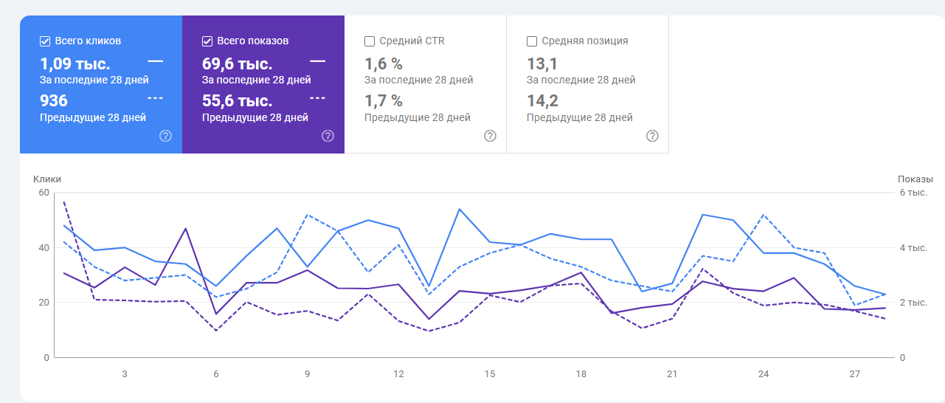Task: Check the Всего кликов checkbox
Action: (x=45, y=41)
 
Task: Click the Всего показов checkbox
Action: (x=207, y=41)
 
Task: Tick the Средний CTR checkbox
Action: (x=370, y=41)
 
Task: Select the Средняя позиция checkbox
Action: (x=532, y=41)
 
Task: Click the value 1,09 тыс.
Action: (x=75, y=64)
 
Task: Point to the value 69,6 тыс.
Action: (x=238, y=64)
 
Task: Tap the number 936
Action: (x=54, y=101)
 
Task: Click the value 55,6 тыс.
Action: (x=238, y=101)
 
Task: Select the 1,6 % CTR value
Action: (x=384, y=64)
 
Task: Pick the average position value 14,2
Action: (x=541, y=101)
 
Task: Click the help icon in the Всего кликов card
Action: (x=166, y=136)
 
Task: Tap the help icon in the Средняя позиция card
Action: (x=652, y=136)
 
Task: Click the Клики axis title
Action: (x=47, y=179)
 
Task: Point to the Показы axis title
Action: (x=915, y=179)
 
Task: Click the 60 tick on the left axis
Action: (x=44, y=193)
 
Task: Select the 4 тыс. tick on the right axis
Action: (x=913, y=248)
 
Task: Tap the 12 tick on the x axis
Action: (x=398, y=374)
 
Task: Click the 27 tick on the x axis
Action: (x=854, y=374)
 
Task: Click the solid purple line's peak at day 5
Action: (x=186, y=229)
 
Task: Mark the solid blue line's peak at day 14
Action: (x=460, y=209)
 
